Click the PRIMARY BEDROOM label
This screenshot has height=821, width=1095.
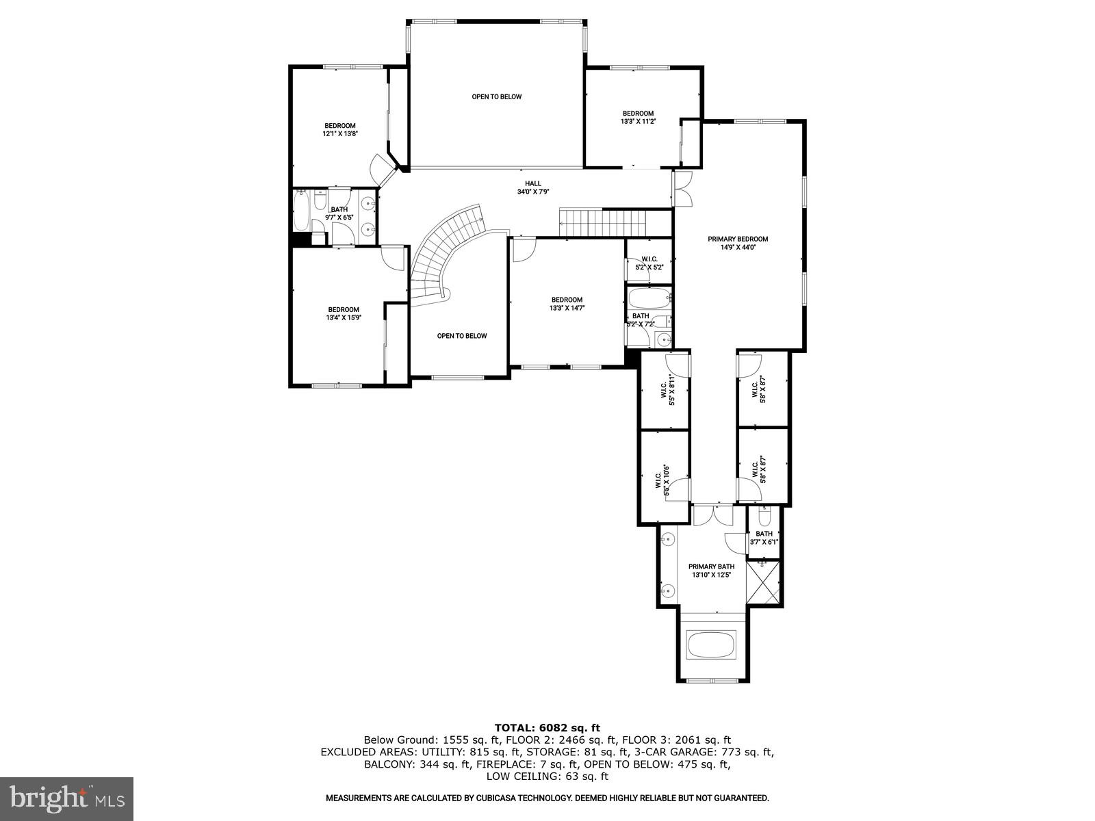coord(738,244)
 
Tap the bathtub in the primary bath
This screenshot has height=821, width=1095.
coord(711,644)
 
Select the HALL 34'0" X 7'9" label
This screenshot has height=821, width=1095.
coord(533,187)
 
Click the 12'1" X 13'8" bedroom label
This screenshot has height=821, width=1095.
coord(340,129)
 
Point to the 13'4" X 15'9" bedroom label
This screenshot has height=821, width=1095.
coord(343,313)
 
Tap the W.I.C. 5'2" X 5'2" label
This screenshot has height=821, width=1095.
coord(649,263)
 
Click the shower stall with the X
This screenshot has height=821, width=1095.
coord(763,582)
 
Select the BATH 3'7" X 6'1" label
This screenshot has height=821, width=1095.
coord(764,538)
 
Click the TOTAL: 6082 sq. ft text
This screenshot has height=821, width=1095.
coord(547,727)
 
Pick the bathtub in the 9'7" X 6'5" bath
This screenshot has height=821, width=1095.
coord(301,212)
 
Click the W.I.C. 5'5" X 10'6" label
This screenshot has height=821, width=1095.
coord(661,478)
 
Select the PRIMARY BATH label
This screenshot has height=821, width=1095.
coord(711,570)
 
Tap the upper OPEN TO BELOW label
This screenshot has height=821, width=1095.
coord(496,96)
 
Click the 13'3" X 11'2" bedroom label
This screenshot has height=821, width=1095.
coord(637,117)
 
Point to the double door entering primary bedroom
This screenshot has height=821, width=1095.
coord(682,188)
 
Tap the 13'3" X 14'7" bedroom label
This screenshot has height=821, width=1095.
coord(567,304)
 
